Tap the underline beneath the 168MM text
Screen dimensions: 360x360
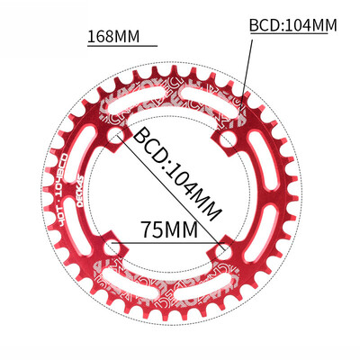pos(121,47)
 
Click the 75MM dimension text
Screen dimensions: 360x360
pos(171,229)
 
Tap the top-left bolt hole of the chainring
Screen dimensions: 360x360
pos(115,137)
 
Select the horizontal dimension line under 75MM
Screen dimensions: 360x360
pos(171,241)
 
